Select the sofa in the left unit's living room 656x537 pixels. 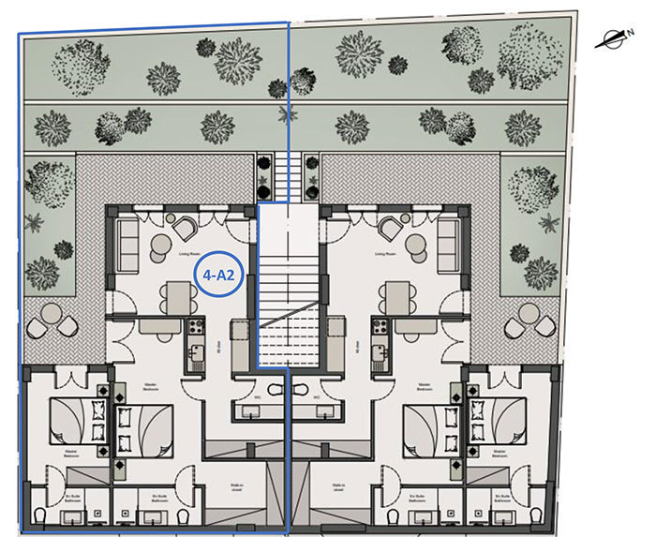click(127, 241)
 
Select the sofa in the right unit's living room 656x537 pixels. click(449, 241)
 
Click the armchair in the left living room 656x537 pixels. click(182, 226)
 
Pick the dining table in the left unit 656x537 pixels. click(175, 297)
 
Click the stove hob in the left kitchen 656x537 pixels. click(194, 327)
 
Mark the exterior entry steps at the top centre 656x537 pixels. click(288, 172)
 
